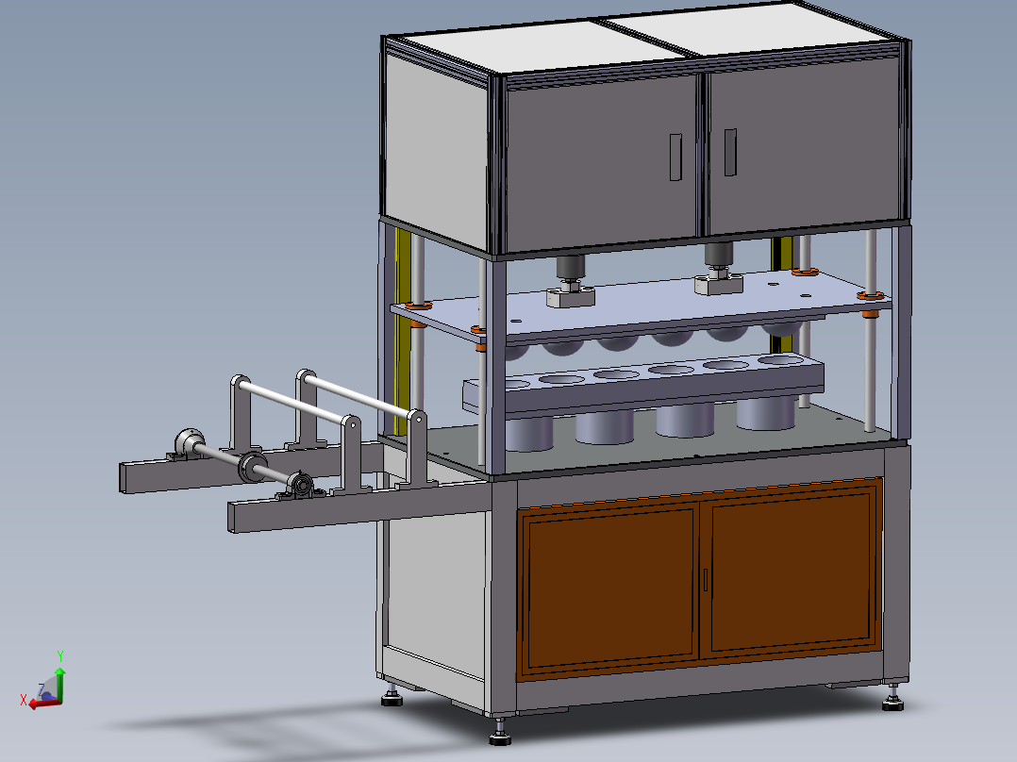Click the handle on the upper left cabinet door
pos(674,157)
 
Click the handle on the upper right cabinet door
pos(730,152)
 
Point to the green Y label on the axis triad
pos(59,654)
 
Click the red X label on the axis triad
pos(24,700)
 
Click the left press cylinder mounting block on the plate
pos(571,296)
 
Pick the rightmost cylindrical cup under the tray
pos(765,412)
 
